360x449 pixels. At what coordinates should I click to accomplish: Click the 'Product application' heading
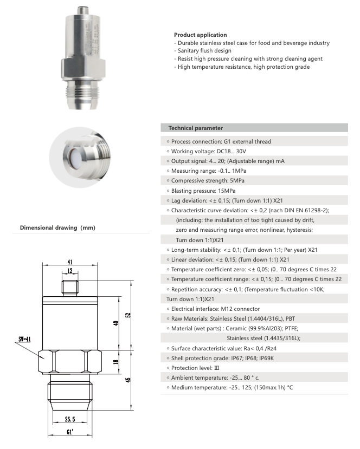tap(200, 35)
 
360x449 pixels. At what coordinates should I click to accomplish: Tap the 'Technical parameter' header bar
tap(254, 128)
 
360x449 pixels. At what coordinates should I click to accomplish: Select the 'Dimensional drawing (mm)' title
tap(57, 228)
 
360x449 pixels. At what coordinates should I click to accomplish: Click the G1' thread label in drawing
tap(70, 433)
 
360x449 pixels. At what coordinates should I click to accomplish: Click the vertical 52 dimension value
tap(128, 315)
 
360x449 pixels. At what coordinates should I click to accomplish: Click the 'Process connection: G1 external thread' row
tap(221, 141)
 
